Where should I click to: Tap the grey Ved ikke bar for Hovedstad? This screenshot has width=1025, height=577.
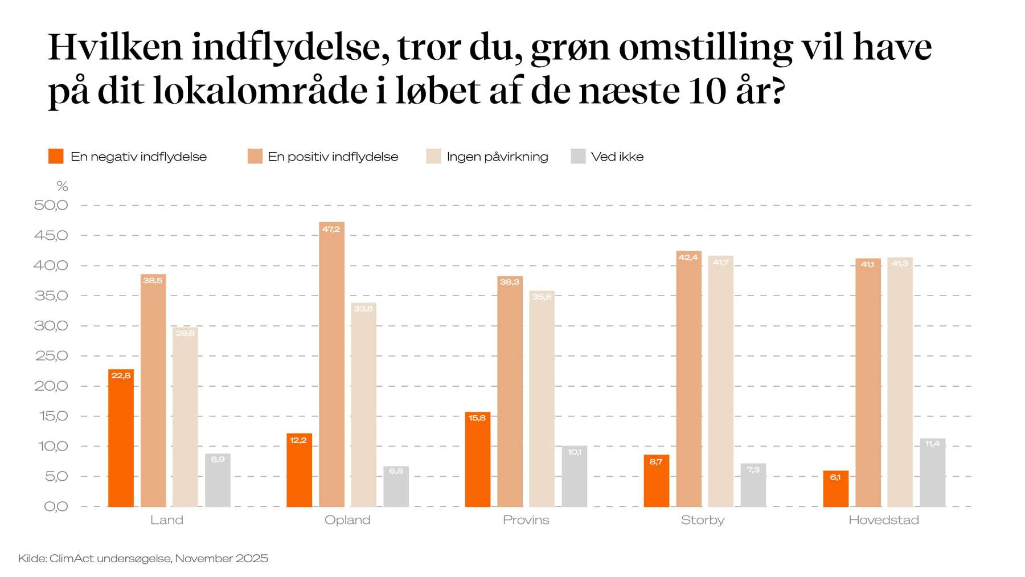(x=932, y=472)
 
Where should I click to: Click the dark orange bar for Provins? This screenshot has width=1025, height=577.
(x=477, y=459)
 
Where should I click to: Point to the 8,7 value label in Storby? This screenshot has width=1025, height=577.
(x=656, y=461)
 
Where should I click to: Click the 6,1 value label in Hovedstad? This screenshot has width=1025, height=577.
(x=835, y=477)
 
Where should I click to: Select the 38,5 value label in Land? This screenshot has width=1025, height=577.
(x=153, y=280)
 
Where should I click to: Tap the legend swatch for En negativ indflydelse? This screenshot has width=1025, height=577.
(x=56, y=156)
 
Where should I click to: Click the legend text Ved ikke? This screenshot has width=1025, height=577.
(x=617, y=157)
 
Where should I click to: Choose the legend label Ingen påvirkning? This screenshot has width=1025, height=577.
(x=497, y=157)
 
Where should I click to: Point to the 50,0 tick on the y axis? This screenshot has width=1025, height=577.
(x=51, y=205)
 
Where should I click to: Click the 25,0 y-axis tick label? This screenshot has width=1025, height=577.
(x=51, y=356)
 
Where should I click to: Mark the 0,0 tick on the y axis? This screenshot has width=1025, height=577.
(x=55, y=506)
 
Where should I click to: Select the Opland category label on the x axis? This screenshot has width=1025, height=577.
(x=347, y=520)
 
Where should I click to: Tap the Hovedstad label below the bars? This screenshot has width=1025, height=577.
(x=883, y=520)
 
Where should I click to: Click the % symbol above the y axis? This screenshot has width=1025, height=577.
(x=62, y=186)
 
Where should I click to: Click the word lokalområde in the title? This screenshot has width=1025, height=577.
(x=260, y=91)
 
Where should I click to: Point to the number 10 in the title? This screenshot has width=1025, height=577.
(x=707, y=91)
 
